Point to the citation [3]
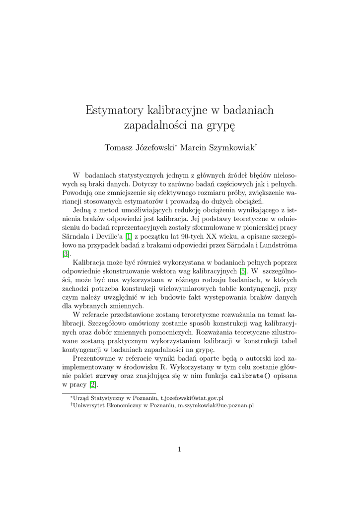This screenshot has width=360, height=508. point(66,254)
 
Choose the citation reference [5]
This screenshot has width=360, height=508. point(242,272)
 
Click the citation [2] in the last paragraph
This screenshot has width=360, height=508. point(92,384)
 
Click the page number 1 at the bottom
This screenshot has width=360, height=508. point(179,450)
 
